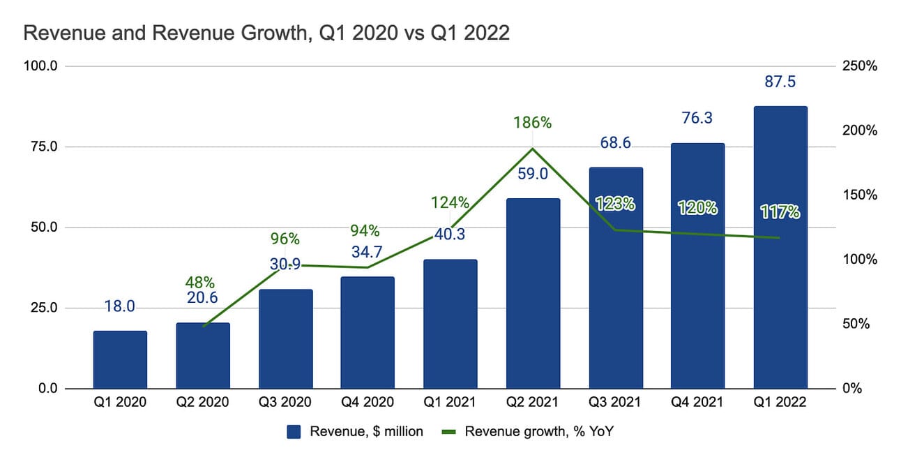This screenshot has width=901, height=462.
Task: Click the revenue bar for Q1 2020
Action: tap(120, 359)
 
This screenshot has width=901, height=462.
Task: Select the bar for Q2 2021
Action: tap(533, 293)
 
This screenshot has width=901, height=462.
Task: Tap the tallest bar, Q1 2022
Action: tap(780, 248)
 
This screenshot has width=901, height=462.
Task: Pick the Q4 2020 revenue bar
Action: tap(368, 332)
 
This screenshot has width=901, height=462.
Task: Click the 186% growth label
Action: tap(533, 123)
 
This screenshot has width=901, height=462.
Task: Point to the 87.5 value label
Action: tap(780, 82)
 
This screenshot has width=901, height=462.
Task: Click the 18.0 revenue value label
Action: tap(120, 306)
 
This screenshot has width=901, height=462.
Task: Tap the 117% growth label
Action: tap(780, 211)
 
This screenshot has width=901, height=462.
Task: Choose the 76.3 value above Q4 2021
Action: tap(698, 119)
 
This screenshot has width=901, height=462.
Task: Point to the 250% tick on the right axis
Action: tap(859, 66)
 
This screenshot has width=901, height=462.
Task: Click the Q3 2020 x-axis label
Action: tap(285, 403)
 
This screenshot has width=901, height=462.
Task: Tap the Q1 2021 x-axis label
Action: tap(450, 403)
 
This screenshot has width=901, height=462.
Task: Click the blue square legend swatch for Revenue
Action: tap(294, 432)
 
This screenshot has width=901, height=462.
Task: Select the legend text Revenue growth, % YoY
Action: tap(539, 432)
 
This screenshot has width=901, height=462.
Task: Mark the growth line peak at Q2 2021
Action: tap(533, 148)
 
